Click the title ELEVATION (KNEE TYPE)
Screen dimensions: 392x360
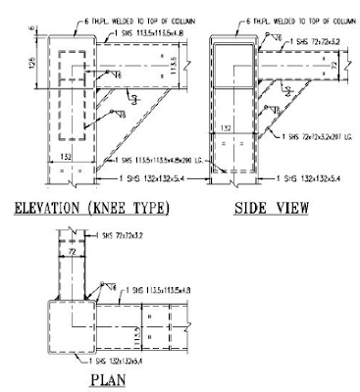[90, 207]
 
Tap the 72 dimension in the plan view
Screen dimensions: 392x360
[71, 253]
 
